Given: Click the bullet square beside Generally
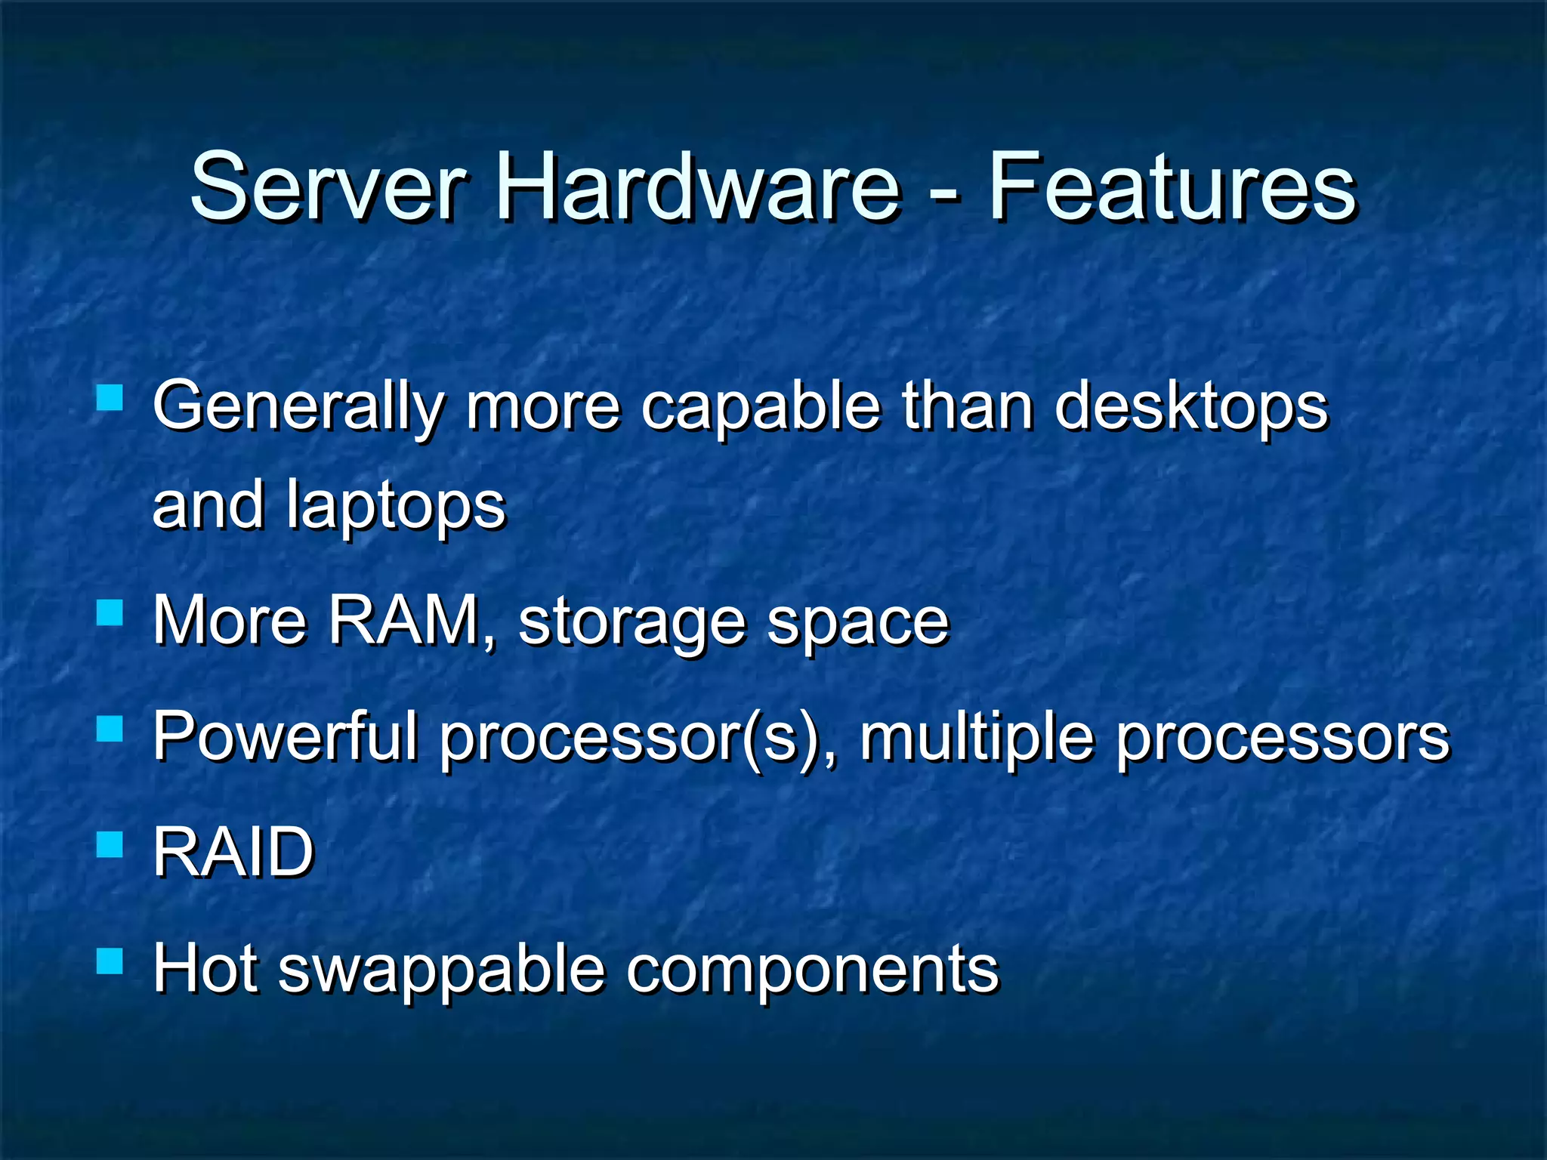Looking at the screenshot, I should (x=110, y=396).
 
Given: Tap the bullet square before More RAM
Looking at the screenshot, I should (x=110, y=612).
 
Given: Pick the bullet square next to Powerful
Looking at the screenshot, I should (x=110, y=730).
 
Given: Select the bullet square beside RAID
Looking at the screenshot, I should (x=110, y=844).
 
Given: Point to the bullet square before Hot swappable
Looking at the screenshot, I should (x=110, y=961).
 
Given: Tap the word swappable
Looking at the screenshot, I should (x=442, y=971).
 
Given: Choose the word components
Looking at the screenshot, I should (x=812, y=971).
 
